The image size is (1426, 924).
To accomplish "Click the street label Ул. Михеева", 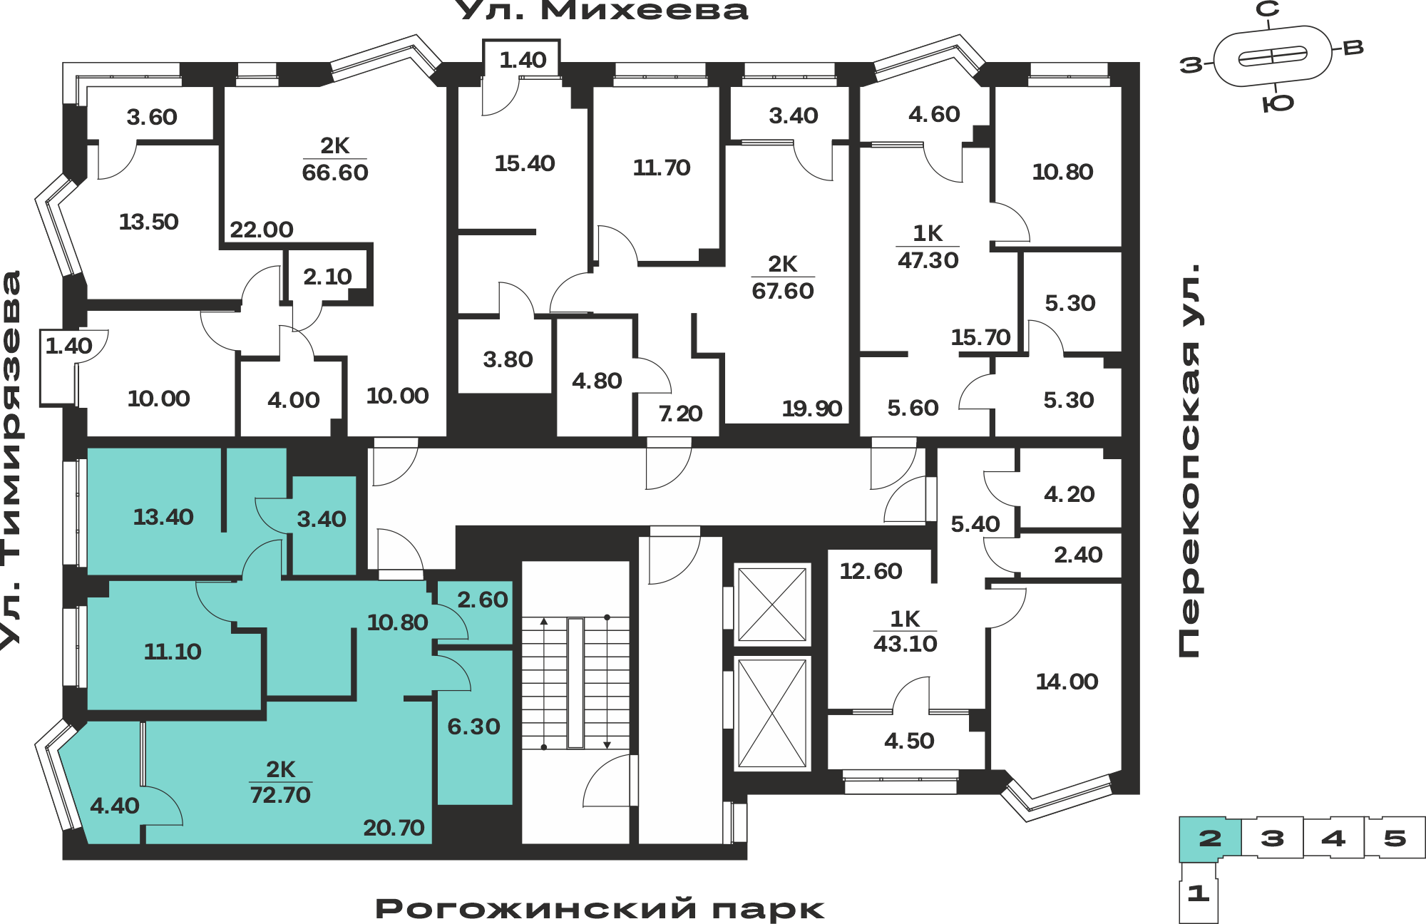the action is pyautogui.click(x=601, y=10).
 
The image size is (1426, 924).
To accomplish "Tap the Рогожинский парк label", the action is pyautogui.click(x=600, y=909).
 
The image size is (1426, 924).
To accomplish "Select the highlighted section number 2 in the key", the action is pyautogui.click(x=1210, y=838).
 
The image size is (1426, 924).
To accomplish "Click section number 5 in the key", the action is pyautogui.click(x=1395, y=838).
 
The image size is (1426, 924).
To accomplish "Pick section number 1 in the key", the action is pyautogui.click(x=1198, y=893).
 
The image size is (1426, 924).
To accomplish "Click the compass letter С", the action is pyautogui.click(x=1267, y=9).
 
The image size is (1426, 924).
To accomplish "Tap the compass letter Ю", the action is pyautogui.click(x=1278, y=104).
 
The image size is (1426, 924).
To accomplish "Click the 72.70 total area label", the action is pyautogui.click(x=280, y=794).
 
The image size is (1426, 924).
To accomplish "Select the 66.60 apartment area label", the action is pyautogui.click(x=335, y=173).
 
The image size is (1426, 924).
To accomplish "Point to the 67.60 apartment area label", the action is pyautogui.click(x=783, y=291).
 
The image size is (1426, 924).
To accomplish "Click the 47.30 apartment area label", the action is pyautogui.click(x=928, y=260).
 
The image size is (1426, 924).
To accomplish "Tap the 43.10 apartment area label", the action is pyautogui.click(x=906, y=644).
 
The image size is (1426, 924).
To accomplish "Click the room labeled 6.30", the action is pyautogui.click(x=474, y=727).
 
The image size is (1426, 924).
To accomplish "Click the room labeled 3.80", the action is pyautogui.click(x=508, y=359).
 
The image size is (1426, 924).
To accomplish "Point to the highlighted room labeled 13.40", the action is pyautogui.click(x=163, y=517).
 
